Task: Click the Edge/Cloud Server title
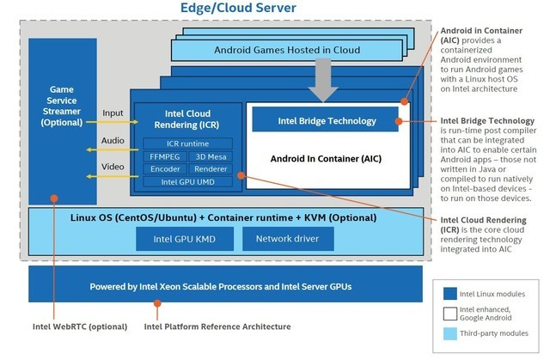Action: click(x=238, y=9)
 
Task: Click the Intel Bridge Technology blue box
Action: click(x=325, y=119)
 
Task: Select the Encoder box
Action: click(x=165, y=169)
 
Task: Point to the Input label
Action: click(x=113, y=112)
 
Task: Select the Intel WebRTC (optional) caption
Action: click(x=77, y=326)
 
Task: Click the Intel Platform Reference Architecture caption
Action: click(x=217, y=326)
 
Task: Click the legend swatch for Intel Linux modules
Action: click(x=449, y=291)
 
